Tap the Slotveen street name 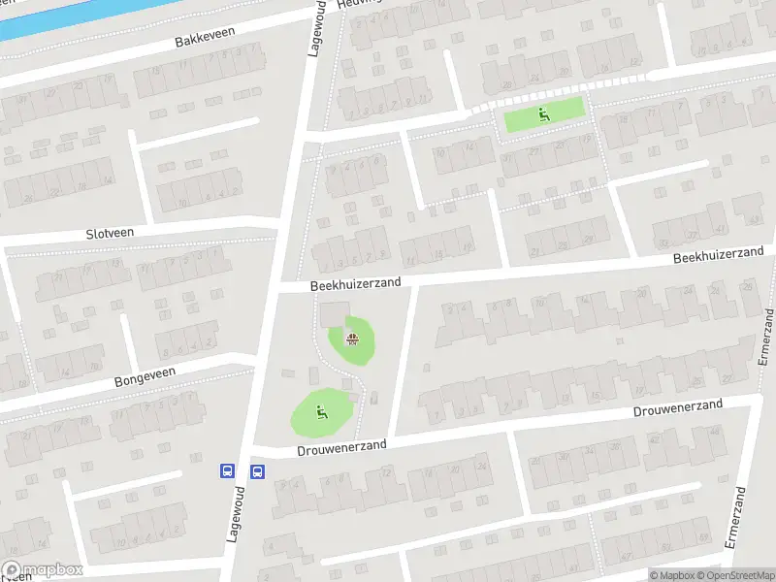tap(110, 233)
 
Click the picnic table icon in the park tap(353, 339)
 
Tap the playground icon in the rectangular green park tap(543, 114)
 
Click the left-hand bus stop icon tap(227, 471)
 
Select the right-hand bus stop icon tap(258, 471)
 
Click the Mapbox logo tap(42, 570)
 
